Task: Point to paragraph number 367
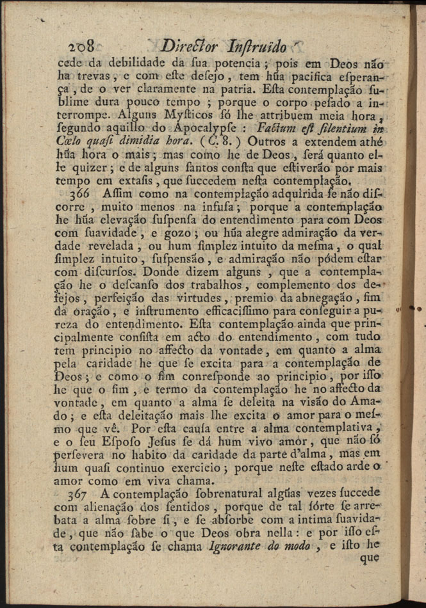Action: pos(81,496)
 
